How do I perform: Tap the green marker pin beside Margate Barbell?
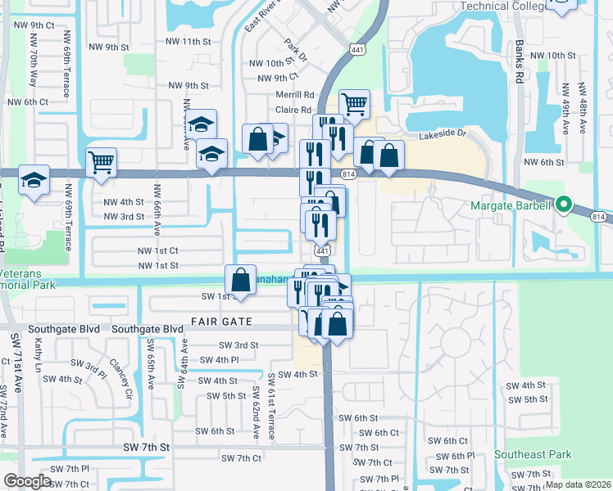[563, 205]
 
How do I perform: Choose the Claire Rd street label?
[293, 110]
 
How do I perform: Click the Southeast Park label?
[532, 454]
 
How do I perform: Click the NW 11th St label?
[188, 41]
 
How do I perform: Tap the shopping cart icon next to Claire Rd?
[354, 104]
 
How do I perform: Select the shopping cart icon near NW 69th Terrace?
[101, 161]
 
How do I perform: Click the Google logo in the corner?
[28, 481]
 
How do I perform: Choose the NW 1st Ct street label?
[158, 250]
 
